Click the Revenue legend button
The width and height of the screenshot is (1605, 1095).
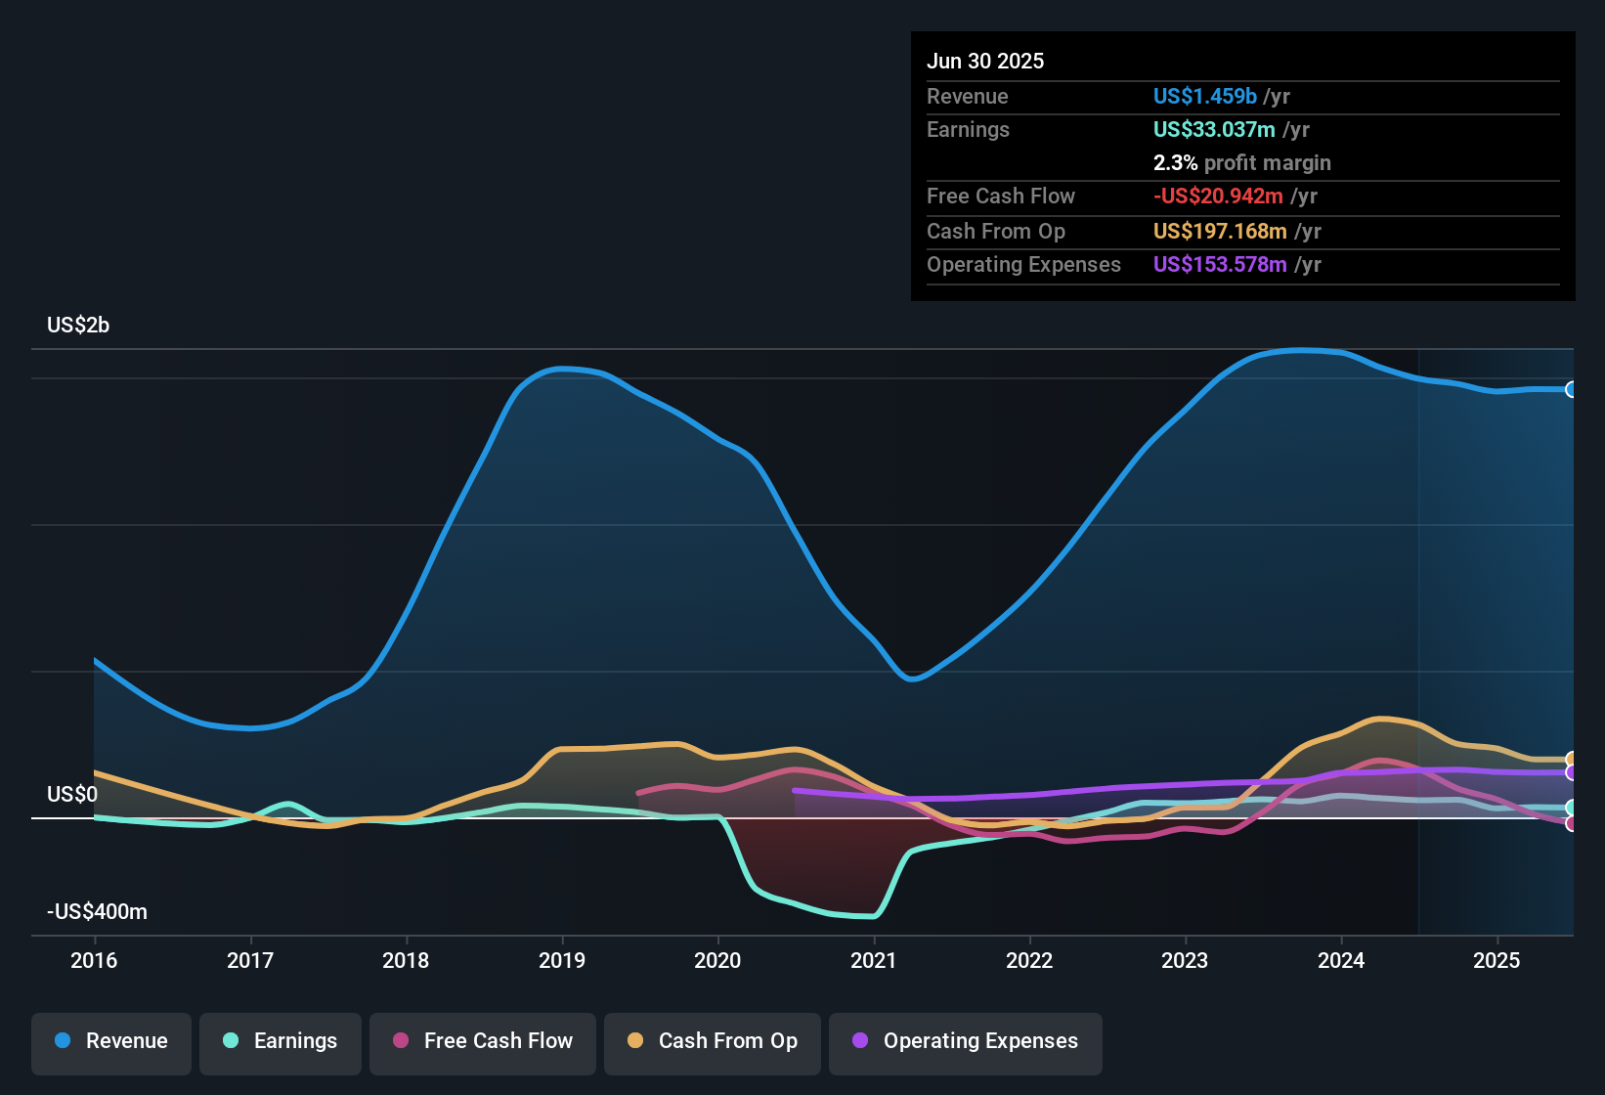[x=111, y=1041]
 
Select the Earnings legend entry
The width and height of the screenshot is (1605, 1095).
[x=281, y=1041]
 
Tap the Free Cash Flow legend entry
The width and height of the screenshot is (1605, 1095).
[x=483, y=1041]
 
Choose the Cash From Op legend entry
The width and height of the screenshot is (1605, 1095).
[x=713, y=1041]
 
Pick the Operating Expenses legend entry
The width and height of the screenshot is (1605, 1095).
[x=966, y=1041]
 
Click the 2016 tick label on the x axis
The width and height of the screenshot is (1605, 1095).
[x=94, y=960]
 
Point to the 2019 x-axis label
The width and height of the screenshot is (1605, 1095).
[x=562, y=960]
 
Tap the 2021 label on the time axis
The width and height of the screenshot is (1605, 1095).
[x=874, y=960]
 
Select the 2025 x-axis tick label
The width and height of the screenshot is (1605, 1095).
[x=1497, y=960]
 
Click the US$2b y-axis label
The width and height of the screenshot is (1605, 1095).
[x=78, y=325]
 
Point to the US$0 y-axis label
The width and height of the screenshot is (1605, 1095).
[x=72, y=794]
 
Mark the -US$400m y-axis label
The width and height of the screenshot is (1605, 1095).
[x=97, y=911]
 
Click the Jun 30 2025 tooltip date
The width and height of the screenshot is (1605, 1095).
[x=985, y=61]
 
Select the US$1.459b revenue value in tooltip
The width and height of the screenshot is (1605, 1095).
[x=1205, y=96]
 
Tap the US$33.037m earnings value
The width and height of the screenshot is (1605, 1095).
[x=1214, y=129]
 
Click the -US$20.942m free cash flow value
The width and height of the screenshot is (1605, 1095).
[x=1218, y=196]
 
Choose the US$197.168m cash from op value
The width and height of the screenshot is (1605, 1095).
[x=1220, y=231]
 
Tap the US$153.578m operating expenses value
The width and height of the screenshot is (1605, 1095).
[x=1220, y=264]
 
